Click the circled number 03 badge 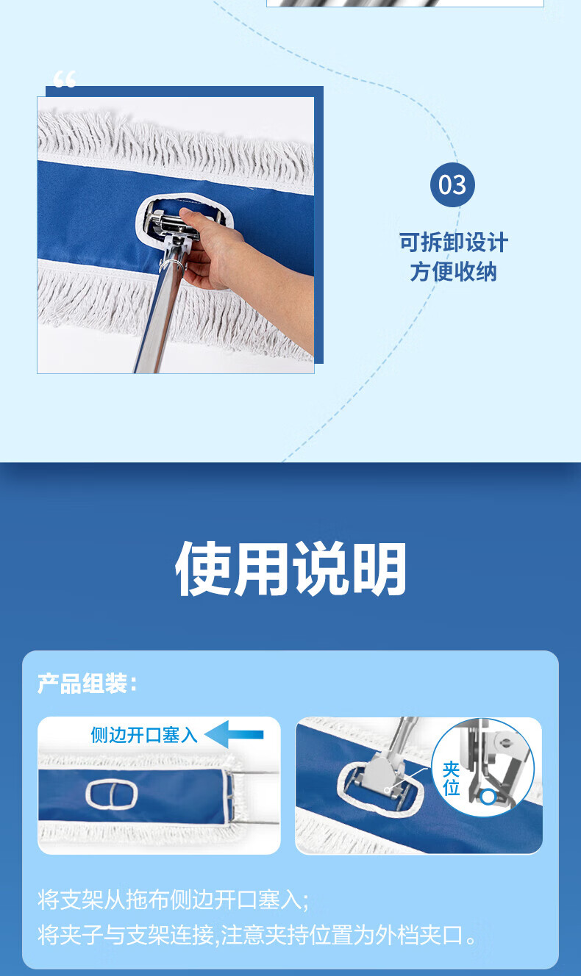tap(452, 184)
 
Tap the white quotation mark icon tap(65, 79)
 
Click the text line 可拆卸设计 tap(454, 243)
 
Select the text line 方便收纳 tap(453, 272)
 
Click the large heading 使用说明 tap(290, 569)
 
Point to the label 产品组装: tap(88, 683)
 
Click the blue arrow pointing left tap(234, 734)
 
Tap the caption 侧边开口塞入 tap(144, 735)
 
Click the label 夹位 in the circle tap(451, 778)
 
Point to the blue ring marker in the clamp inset tap(488, 797)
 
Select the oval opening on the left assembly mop tap(112, 794)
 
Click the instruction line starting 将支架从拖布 tap(173, 900)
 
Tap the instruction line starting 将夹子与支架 tap(257, 935)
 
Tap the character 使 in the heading tap(204, 569)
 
